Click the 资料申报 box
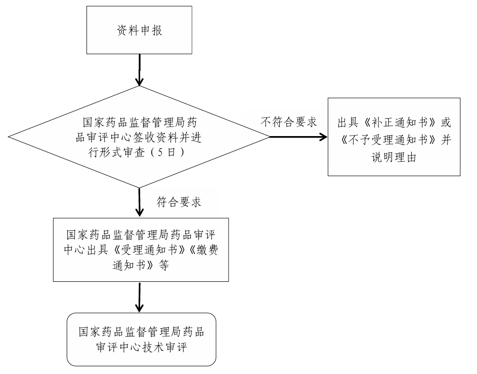coord(140,30)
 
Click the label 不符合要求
coord(289,122)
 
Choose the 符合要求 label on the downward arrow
coord(179,202)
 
